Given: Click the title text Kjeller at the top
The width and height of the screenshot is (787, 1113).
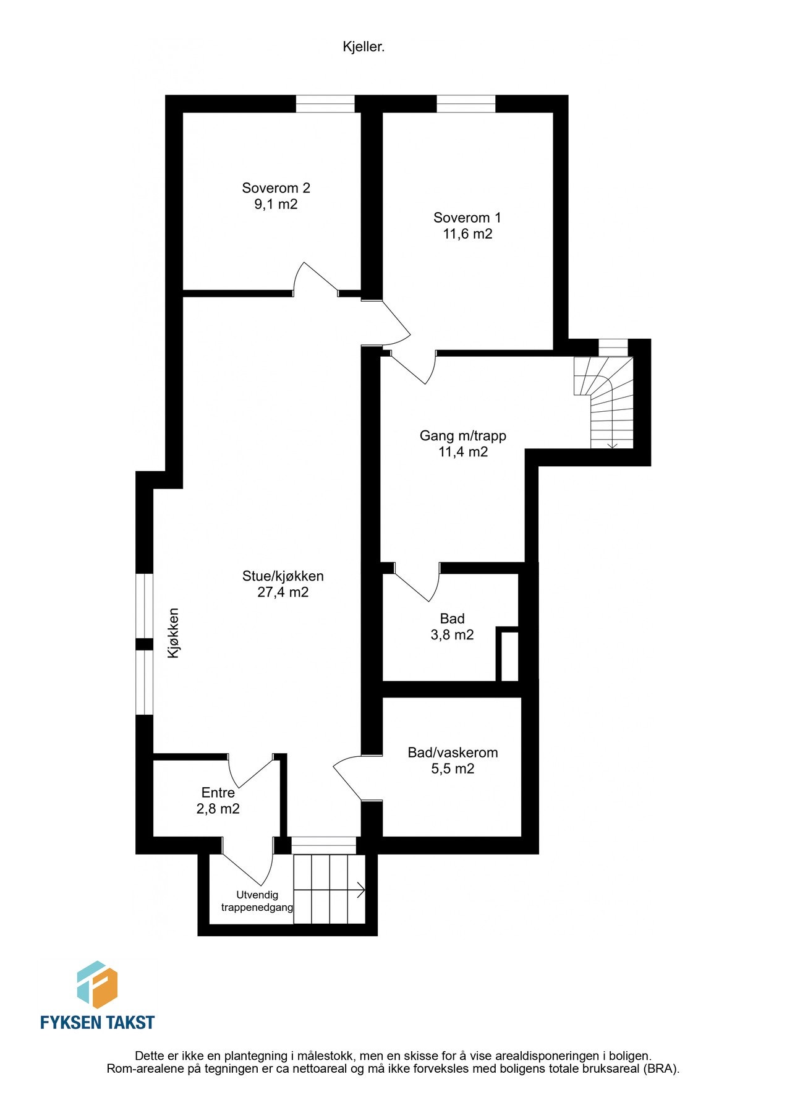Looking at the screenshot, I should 364,47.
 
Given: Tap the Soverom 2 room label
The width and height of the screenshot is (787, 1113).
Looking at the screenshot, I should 276,188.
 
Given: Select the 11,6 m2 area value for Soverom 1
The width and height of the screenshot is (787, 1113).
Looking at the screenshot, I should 467,234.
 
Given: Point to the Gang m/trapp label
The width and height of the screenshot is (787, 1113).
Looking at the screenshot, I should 462,435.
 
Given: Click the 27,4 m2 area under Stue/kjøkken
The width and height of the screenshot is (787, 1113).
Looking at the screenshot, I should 283,592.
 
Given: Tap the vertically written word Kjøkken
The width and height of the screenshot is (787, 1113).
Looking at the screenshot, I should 174,633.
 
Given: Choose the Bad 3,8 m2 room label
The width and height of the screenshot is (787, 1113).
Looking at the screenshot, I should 452,626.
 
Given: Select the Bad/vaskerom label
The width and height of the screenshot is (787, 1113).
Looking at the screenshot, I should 453,753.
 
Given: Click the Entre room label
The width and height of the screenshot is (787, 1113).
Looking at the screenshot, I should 218,793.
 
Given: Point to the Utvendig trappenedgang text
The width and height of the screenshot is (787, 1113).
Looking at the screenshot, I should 257,901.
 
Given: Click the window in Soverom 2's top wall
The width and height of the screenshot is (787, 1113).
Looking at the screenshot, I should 325,104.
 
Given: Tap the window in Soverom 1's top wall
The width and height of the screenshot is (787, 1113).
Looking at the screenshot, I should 466,104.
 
